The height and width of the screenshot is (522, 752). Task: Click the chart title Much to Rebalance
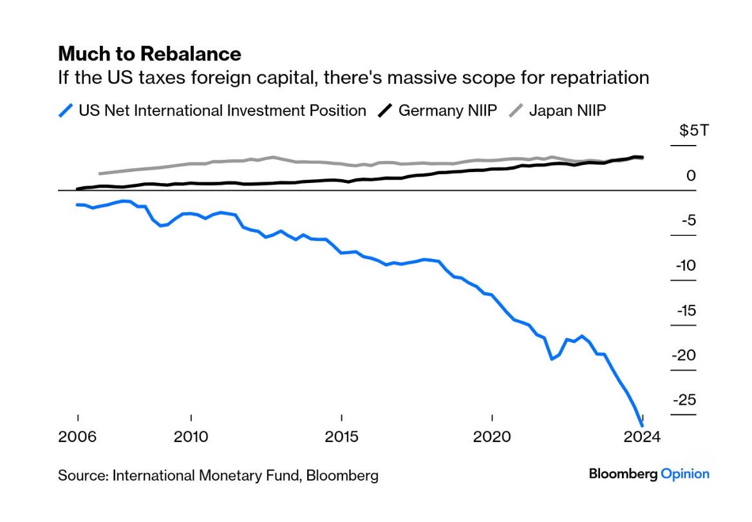point(149,53)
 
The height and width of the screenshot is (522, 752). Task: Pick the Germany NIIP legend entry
point(447,110)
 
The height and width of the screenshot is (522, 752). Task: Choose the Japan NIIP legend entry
point(567,110)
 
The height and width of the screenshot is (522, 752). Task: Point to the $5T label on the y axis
point(694,131)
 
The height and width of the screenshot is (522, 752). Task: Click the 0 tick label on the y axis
point(691,175)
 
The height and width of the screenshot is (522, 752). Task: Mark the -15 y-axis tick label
point(686,311)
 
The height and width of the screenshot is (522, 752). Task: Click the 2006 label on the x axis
point(77,436)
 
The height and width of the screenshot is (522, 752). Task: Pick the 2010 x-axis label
point(191,436)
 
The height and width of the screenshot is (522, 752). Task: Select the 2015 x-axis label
point(341,436)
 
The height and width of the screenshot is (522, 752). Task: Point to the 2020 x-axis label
point(492,436)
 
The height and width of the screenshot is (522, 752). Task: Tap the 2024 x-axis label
point(642,436)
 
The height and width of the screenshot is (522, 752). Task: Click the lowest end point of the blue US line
point(642,425)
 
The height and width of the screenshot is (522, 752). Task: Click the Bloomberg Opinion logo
point(649,474)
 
